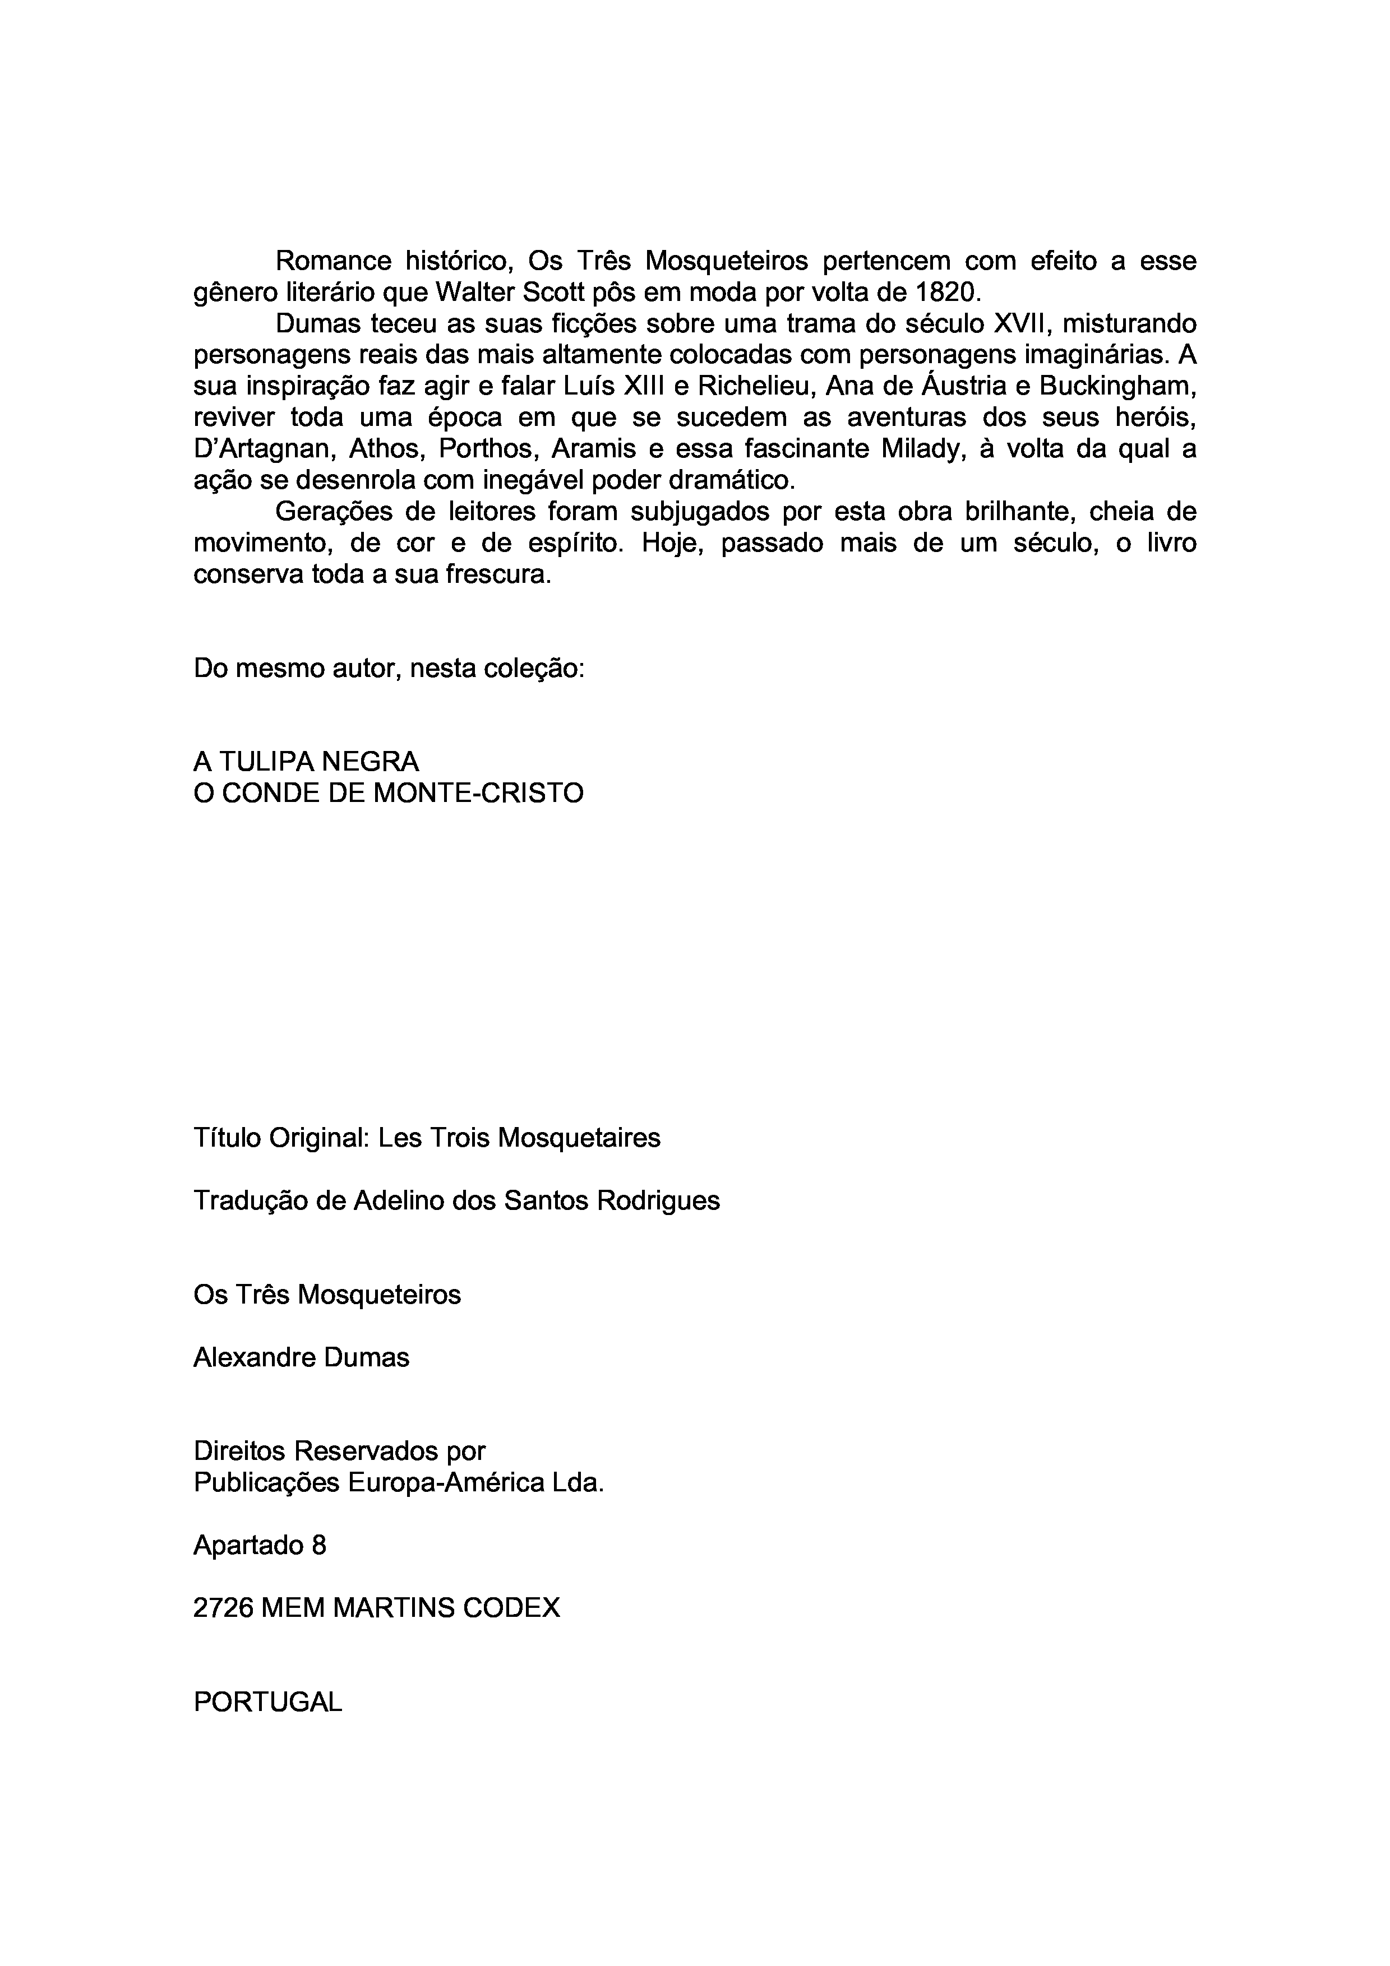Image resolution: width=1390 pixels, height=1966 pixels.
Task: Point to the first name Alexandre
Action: tap(242, 1357)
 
